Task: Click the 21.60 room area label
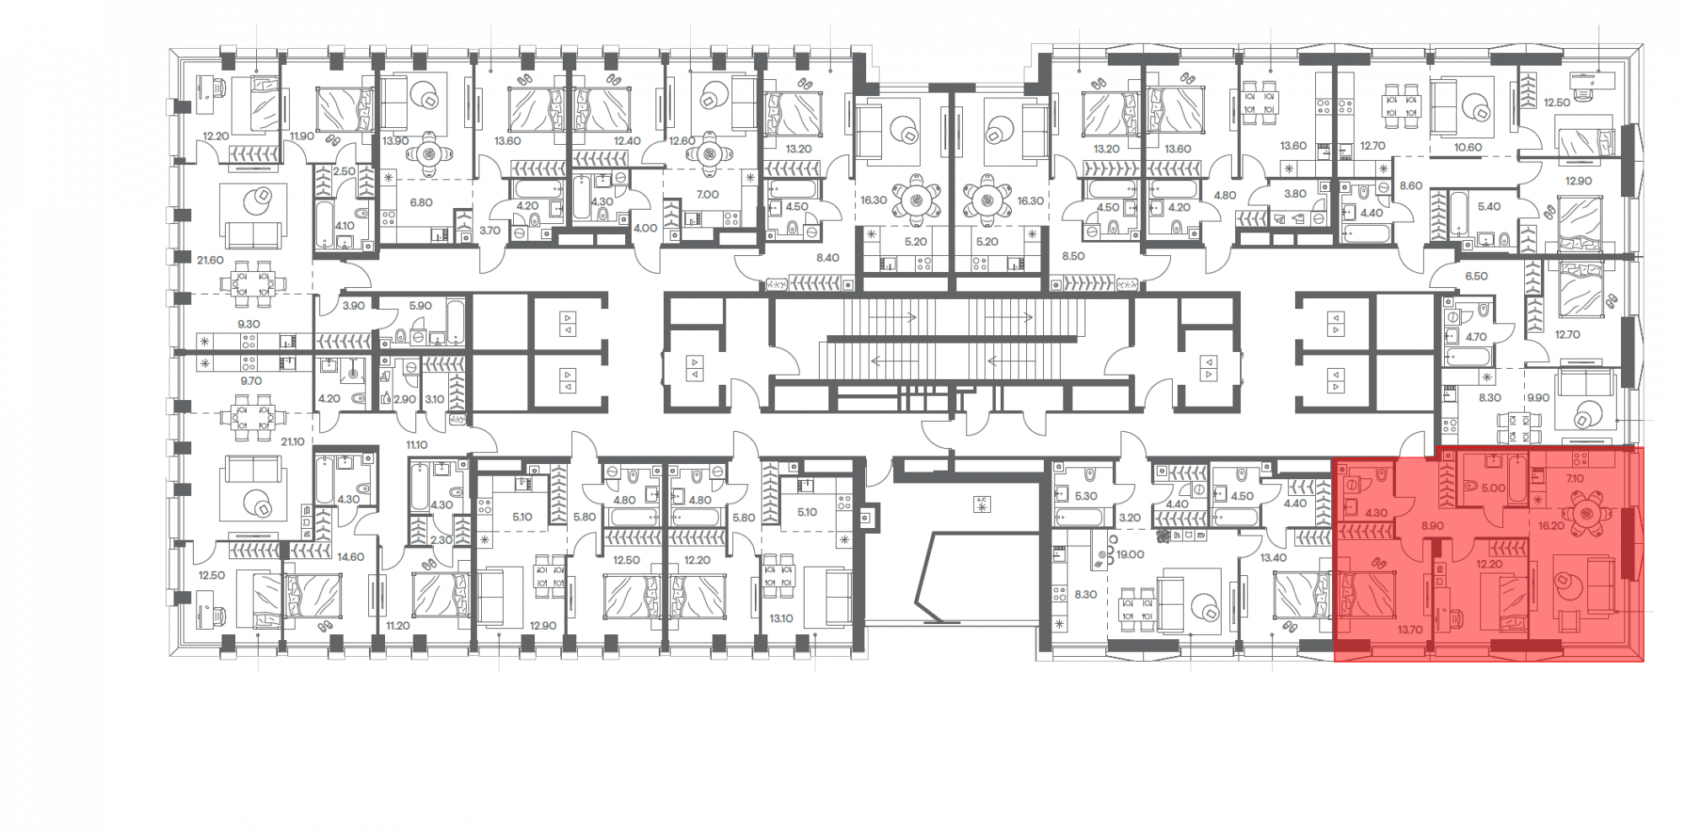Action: click(x=210, y=260)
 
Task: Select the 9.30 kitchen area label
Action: click(x=249, y=323)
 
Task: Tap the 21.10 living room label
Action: click(x=292, y=441)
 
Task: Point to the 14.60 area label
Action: click(x=350, y=557)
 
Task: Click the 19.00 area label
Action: click(x=1130, y=554)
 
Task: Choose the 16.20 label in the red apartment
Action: click(x=1550, y=525)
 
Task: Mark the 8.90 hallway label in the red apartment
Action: click(x=1432, y=525)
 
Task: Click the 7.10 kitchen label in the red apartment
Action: click(x=1574, y=478)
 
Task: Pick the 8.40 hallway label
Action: click(x=827, y=258)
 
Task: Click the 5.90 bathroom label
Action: click(x=420, y=306)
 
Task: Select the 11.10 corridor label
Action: click(x=417, y=444)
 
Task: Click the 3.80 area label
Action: click(x=1294, y=194)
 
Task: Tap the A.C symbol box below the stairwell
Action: click(x=982, y=504)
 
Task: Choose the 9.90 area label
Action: click(x=1538, y=397)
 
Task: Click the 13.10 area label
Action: click(x=781, y=619)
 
